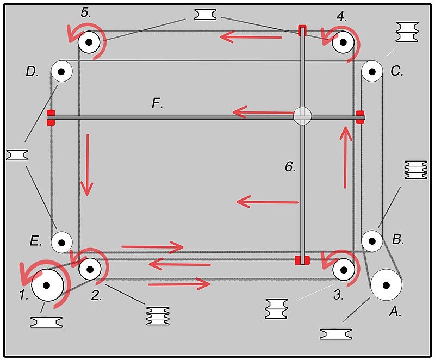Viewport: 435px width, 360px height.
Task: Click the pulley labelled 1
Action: click(47, 285)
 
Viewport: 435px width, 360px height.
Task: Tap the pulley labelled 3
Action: click(344, 269)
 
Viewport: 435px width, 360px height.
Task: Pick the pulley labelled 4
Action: click(344, 41)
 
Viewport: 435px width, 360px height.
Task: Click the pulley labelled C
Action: click(372, 71)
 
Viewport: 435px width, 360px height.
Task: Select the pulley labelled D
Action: click(61, 71)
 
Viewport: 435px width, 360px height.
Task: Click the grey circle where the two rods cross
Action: click(302, 115)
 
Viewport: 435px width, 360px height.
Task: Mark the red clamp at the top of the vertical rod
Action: click(302, 30)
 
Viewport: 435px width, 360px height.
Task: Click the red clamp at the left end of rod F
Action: click(51, 117)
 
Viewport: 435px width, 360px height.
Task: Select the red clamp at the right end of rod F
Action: click(360, 116)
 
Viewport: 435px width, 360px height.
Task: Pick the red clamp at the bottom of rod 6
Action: click(302, 260)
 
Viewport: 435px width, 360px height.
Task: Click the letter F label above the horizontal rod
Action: click(157, 103)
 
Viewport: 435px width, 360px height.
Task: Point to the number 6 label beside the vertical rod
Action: click(290, 167)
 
